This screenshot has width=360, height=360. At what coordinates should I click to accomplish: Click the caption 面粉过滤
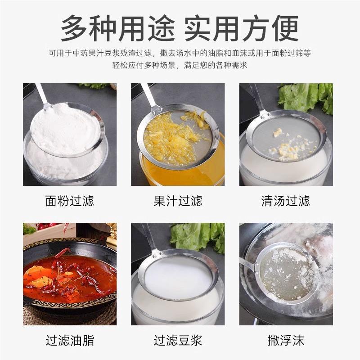[70, 200]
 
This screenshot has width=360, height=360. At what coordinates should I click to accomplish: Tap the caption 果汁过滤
[178, 200]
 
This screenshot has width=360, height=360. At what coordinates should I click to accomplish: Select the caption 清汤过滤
[286, 200]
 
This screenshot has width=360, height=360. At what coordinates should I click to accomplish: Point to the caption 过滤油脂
[70, 340]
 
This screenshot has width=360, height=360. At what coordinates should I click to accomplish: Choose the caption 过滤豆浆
[178, 340]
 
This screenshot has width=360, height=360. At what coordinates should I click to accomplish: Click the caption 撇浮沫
[286, 340]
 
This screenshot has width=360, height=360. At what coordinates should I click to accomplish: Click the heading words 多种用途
[118, 28]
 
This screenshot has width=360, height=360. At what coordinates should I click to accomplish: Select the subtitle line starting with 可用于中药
[180, 53]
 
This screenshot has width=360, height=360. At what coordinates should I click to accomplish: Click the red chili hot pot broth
[67, 274]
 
